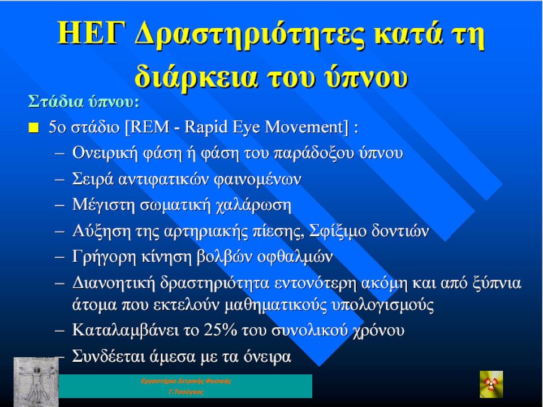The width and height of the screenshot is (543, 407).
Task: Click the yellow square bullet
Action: [x=33, y=128]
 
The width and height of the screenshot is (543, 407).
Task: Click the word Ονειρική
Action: [x=105, y=153]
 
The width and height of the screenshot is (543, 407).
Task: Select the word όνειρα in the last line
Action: [x=268, y=357]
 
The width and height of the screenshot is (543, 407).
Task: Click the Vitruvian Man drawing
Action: [x=36, y=382]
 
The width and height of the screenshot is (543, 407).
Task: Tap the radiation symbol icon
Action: [x=491, y=384]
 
